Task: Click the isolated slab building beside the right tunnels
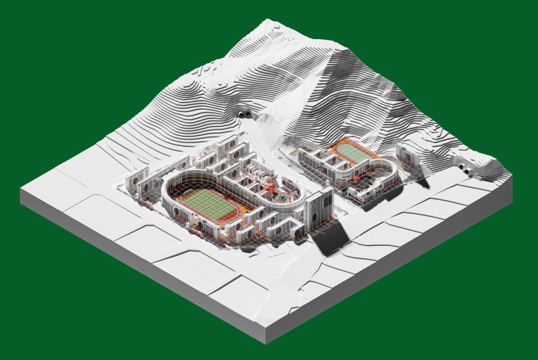coord(407,155)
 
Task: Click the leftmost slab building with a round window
coord(137,177)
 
